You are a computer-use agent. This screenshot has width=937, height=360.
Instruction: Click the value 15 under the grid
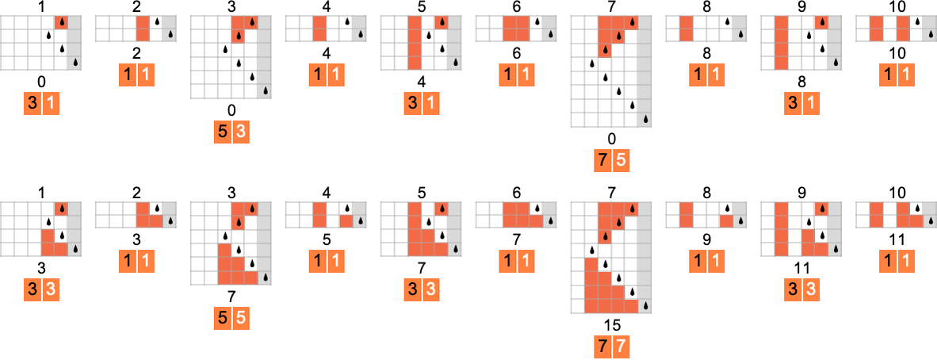[612, 325]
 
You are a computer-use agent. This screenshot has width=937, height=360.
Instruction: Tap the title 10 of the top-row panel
[897, 7]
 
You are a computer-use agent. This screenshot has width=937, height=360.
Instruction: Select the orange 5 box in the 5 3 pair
[223, 132]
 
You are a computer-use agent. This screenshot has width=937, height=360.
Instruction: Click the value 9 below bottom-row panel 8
[707, 236]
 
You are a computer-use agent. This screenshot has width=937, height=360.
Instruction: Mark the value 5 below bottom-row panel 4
[327, 236]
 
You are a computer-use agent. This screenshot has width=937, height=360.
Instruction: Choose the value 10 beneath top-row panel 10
[897, 53]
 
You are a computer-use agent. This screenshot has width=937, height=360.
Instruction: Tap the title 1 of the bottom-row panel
[41, 193]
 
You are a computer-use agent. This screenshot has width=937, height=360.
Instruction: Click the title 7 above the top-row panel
[612, 7]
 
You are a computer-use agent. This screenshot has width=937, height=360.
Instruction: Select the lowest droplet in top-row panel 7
[646, 120]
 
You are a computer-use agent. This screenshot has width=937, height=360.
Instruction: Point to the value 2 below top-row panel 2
[136, 53]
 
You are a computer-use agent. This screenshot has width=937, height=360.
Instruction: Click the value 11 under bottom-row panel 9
[802, 268]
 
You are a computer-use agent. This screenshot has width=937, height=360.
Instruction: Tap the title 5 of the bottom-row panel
[422, 193]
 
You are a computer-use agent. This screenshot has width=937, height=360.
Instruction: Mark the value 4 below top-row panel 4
[327, 53]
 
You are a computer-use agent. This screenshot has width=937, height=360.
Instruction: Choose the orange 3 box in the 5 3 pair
[241, 132]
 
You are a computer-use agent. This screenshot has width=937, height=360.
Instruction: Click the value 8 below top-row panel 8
[707, 53]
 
